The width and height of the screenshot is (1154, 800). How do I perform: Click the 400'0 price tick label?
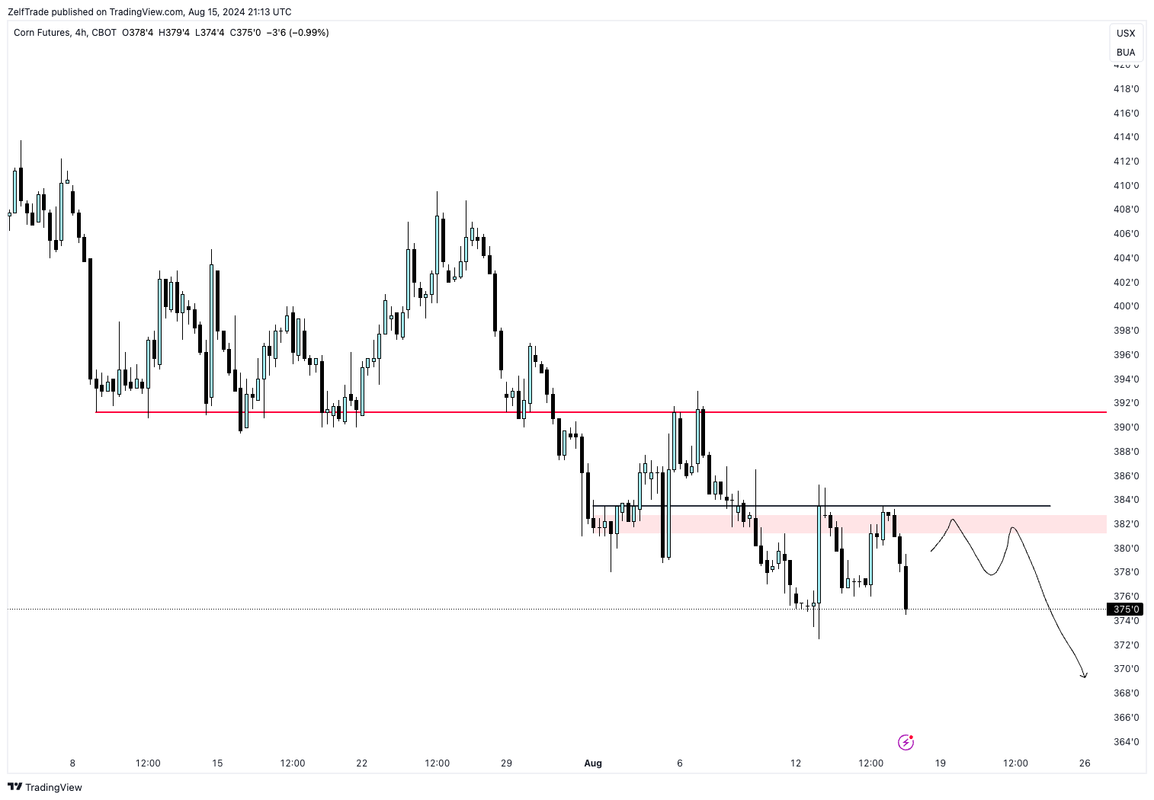coord(1126,306)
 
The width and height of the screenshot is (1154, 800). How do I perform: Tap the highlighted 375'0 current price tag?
coord(1125,610)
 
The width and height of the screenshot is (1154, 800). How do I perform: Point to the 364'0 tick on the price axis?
coord(1126,741)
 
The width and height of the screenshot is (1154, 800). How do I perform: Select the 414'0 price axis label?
coord(1126,137)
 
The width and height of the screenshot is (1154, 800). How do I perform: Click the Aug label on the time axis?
coord(592,763)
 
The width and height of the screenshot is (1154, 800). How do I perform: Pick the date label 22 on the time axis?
coord(361,763)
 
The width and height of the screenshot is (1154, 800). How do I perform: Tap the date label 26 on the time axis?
coord(1085,763)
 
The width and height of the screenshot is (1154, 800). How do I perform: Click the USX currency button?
coord(1126,34)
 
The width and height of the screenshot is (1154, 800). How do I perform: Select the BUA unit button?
coord(1126,53)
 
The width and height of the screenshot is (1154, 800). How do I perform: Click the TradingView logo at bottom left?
coord(45,787)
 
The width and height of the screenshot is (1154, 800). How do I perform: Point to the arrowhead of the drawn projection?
coord(1083,675)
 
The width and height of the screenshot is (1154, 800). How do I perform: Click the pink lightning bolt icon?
coord(906,742)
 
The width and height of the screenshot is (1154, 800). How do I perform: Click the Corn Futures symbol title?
coord(41,33)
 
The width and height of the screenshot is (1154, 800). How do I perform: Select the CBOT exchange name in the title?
coord(104,33)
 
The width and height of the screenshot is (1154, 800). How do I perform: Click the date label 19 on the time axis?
coord(941,763)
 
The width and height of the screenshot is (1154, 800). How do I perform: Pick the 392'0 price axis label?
coord(1126,403)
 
